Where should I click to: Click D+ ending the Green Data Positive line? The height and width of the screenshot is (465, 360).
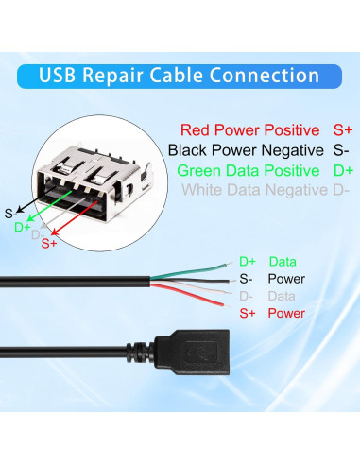tap(344, 171)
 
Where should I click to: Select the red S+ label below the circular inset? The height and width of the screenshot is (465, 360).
tap(49, 244)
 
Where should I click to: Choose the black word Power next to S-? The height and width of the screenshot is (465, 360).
tap(285, 279)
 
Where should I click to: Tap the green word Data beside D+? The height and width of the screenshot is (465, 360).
tap(283, 261)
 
